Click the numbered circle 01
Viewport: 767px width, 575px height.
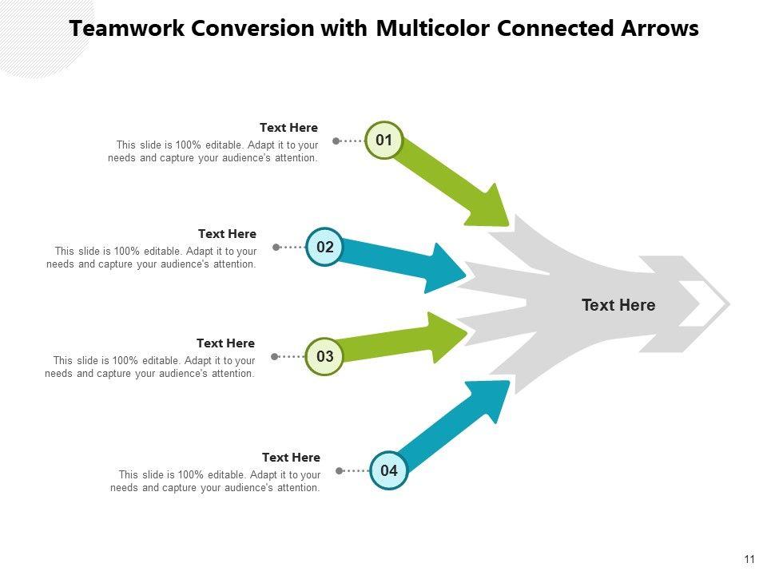384,141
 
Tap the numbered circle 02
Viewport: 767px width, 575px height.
325,247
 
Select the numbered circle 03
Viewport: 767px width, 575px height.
325,356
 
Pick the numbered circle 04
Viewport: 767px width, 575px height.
389,470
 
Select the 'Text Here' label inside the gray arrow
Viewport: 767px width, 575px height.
618,305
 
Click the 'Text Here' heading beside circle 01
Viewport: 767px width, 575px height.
288,128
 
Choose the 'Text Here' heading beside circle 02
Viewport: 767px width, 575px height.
227,234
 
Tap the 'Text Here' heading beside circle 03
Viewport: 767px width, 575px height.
225,343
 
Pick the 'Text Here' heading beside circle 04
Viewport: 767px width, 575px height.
291,458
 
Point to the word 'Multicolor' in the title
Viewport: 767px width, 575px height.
432,29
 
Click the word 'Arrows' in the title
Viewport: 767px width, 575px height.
660,29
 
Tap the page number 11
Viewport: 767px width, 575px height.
749,559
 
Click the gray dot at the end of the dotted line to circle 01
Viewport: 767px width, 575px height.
336,141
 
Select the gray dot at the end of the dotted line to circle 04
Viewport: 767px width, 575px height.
340,470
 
